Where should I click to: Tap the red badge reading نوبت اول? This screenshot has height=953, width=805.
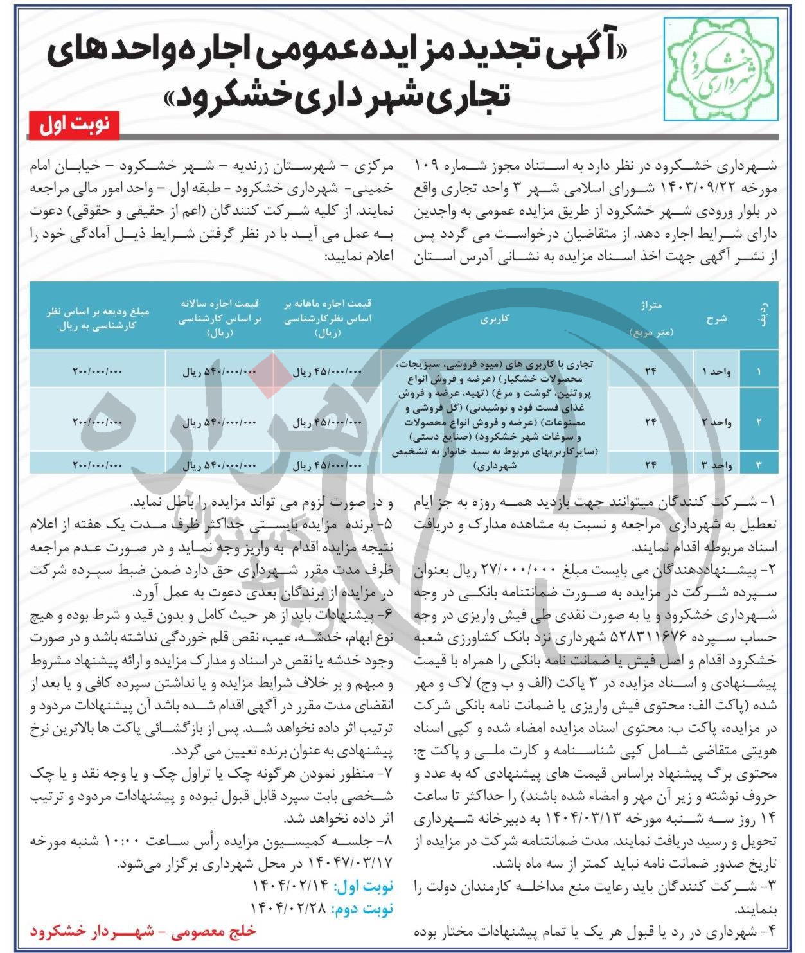pyautogui.click(x=73, y=125)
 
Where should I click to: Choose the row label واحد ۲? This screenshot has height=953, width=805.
pyautogui.click(x=716, y=422)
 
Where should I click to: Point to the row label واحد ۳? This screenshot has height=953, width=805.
pyautogui.click(x=716, y=465)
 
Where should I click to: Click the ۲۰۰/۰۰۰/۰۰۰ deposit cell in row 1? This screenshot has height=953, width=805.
pyautogui.click(x=97, y=372)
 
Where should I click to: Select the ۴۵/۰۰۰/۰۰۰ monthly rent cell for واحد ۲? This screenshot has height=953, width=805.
pyautogui.click(x=328, y=423)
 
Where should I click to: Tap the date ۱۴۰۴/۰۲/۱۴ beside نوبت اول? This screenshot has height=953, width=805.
pyautogui.click(x=291, y=886)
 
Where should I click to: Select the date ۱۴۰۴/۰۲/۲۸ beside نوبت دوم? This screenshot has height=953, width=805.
pyautogui.click(x=291, y=909)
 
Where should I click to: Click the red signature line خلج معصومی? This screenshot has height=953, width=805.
pyautogui.click(x=143, y=931)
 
